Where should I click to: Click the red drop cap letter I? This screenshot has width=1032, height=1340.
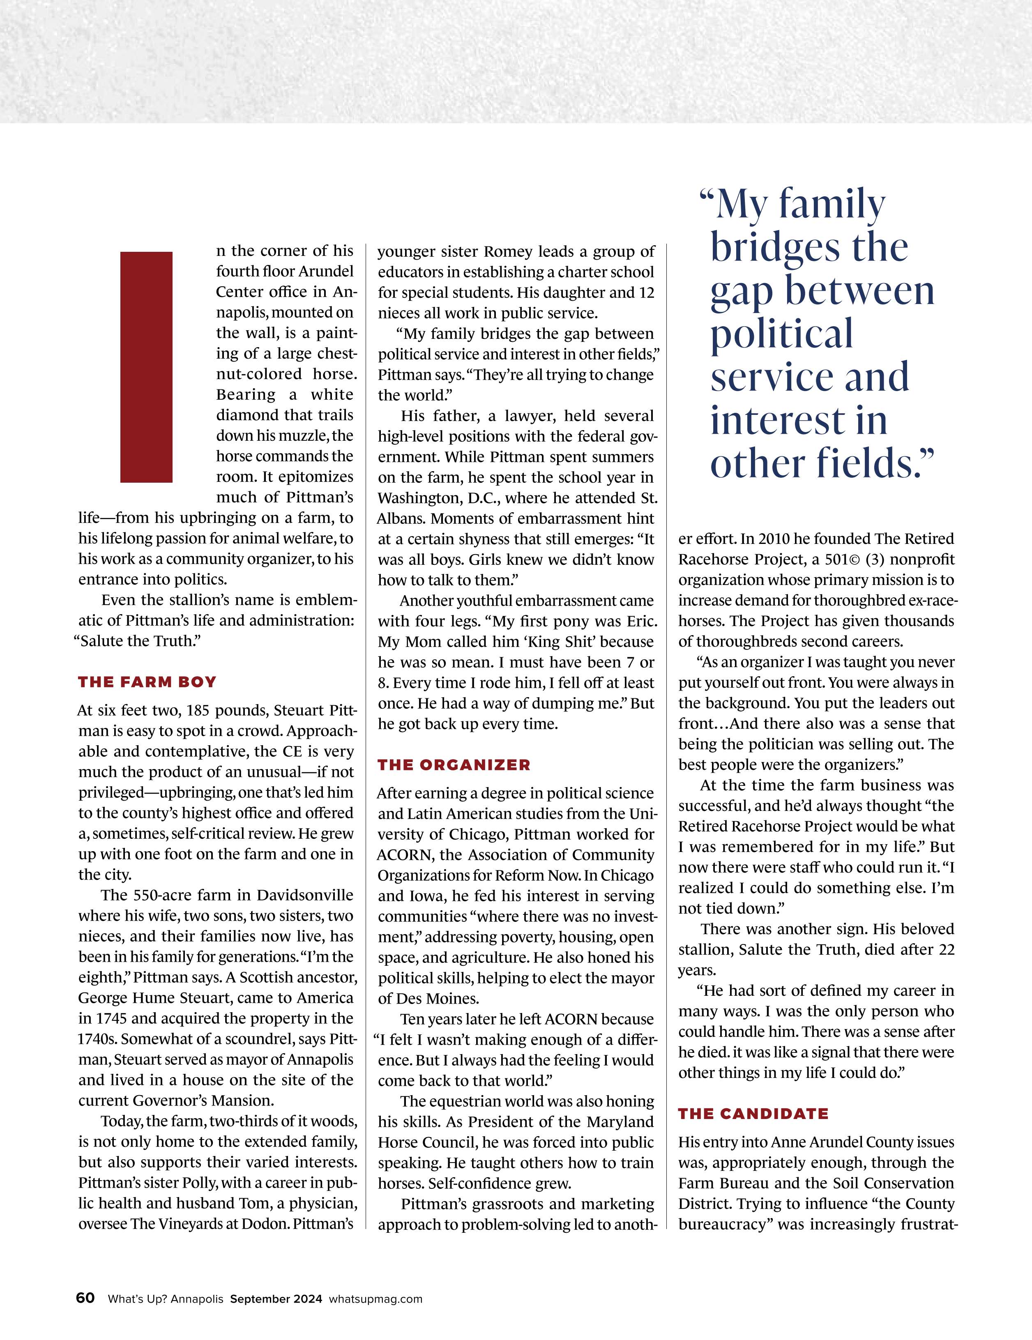[146, 366]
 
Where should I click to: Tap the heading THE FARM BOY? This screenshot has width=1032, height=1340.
[147, 682]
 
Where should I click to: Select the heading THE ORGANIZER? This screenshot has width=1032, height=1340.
[454, 764]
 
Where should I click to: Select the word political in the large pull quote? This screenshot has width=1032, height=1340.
[782, 334]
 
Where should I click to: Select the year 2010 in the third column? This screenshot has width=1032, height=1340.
[779, 539]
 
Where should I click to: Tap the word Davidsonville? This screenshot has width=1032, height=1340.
[305, 895]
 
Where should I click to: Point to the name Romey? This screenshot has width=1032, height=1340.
[507, 251]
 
